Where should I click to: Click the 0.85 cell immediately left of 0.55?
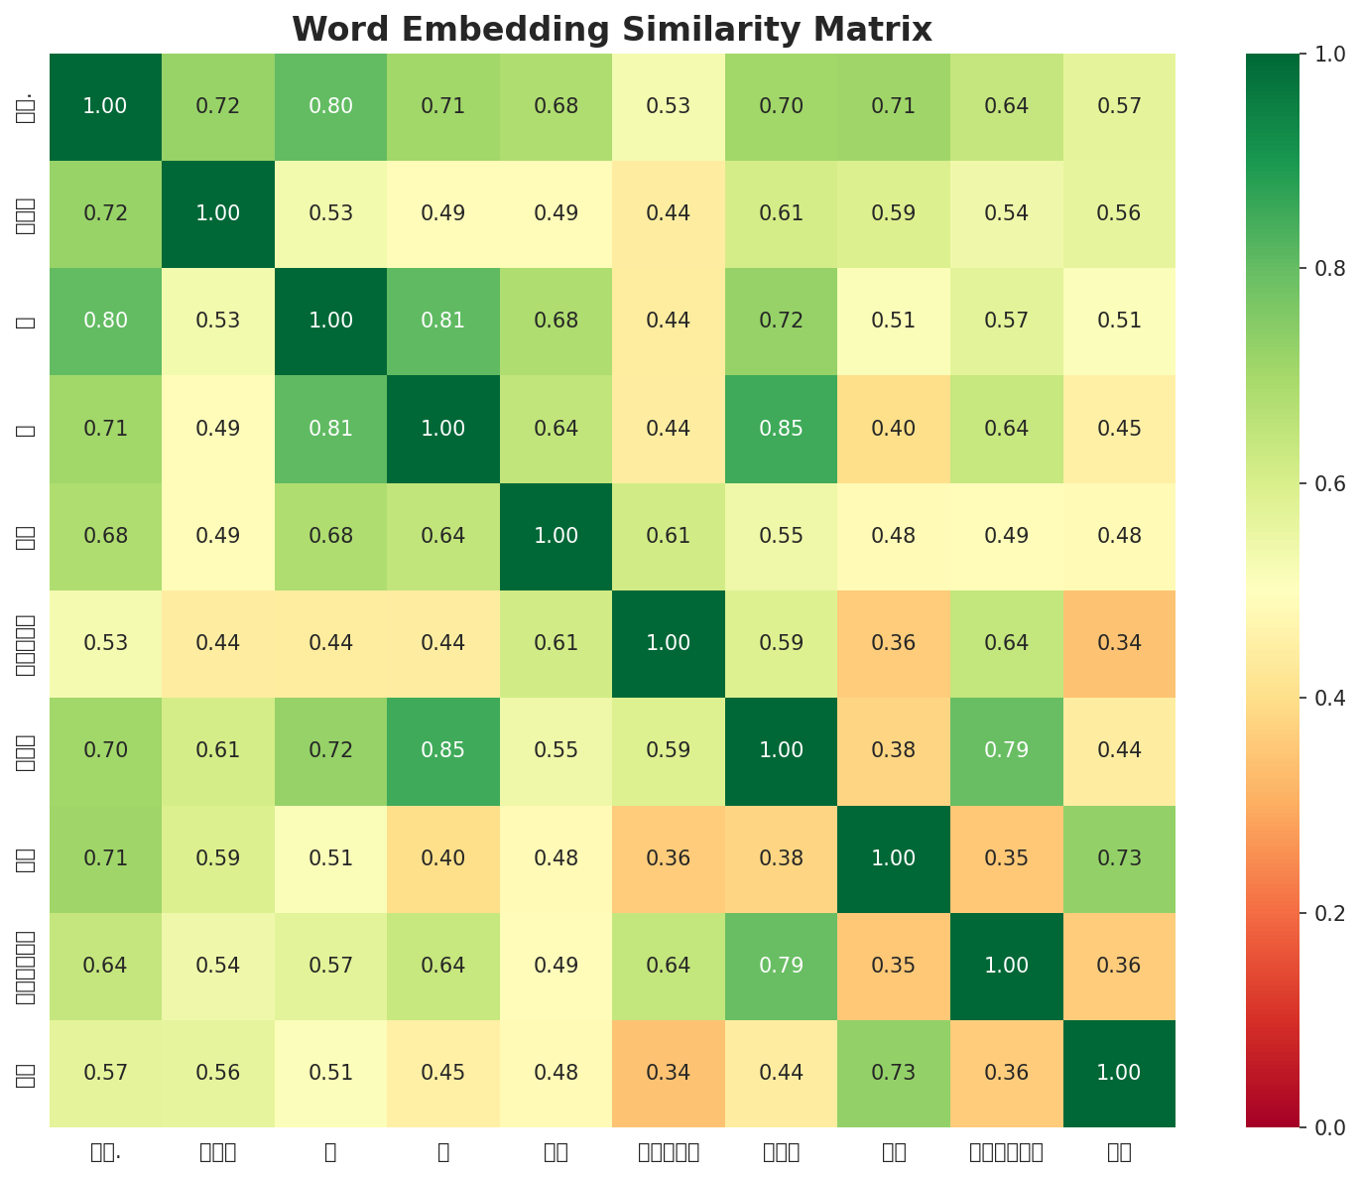[x=443, y=750]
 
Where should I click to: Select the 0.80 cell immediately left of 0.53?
[x=105, y=321]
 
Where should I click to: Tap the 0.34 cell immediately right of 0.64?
[x=1119, y=643]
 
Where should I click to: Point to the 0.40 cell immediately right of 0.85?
[x=894, y=429]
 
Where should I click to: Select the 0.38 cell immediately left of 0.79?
[x=894, y=750]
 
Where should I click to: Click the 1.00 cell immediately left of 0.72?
[x=105, y=106]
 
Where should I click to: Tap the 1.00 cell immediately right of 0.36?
[x=1119, y=1073]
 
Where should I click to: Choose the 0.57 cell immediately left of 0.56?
[x=105, y=1073]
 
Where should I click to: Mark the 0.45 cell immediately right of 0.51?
[x=443, y=1073]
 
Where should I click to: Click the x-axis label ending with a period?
[x=105, y=1152]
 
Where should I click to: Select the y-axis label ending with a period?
[x=26, y=106]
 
